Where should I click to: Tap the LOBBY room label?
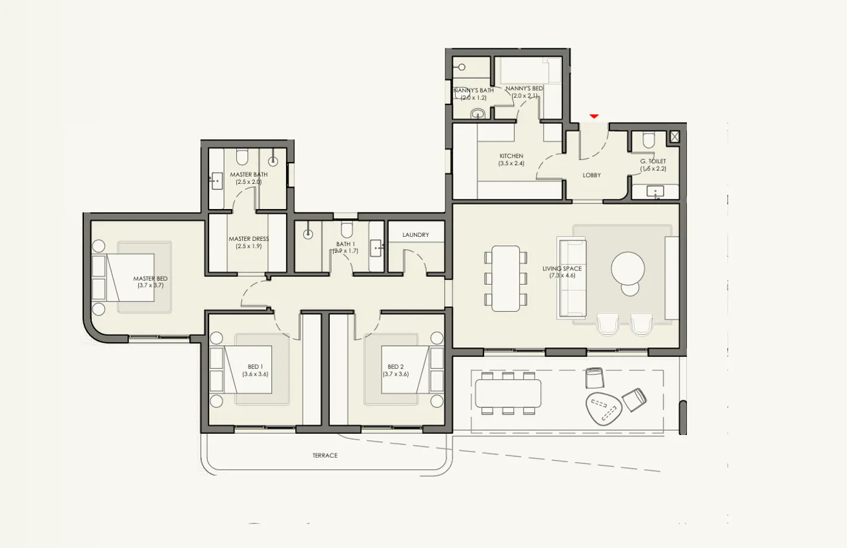click(591, 175)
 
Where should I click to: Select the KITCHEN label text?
click(511, 156)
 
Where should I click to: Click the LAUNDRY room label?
click(415, 235)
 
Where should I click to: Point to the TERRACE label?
click(325, 456)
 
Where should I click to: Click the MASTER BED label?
click(150, 279)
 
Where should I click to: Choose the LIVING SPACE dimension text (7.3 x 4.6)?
click(562, 276)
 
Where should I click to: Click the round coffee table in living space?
click(628, 267)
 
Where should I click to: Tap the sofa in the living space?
click(572, 277)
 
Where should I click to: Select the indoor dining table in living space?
click(505, 278)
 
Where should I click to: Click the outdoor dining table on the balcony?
click(508, 393)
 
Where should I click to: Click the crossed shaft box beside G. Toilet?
click(674, 136)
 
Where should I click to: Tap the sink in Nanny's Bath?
click(477, 114)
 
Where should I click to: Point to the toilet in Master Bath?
click(242, 157)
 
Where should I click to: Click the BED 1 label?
click(254, 367)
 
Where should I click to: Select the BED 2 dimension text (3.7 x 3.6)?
click(395, 374)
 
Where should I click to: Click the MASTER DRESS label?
click(249, 239)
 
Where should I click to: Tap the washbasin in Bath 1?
click(376, 247)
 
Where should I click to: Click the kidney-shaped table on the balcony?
click(603, 408)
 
